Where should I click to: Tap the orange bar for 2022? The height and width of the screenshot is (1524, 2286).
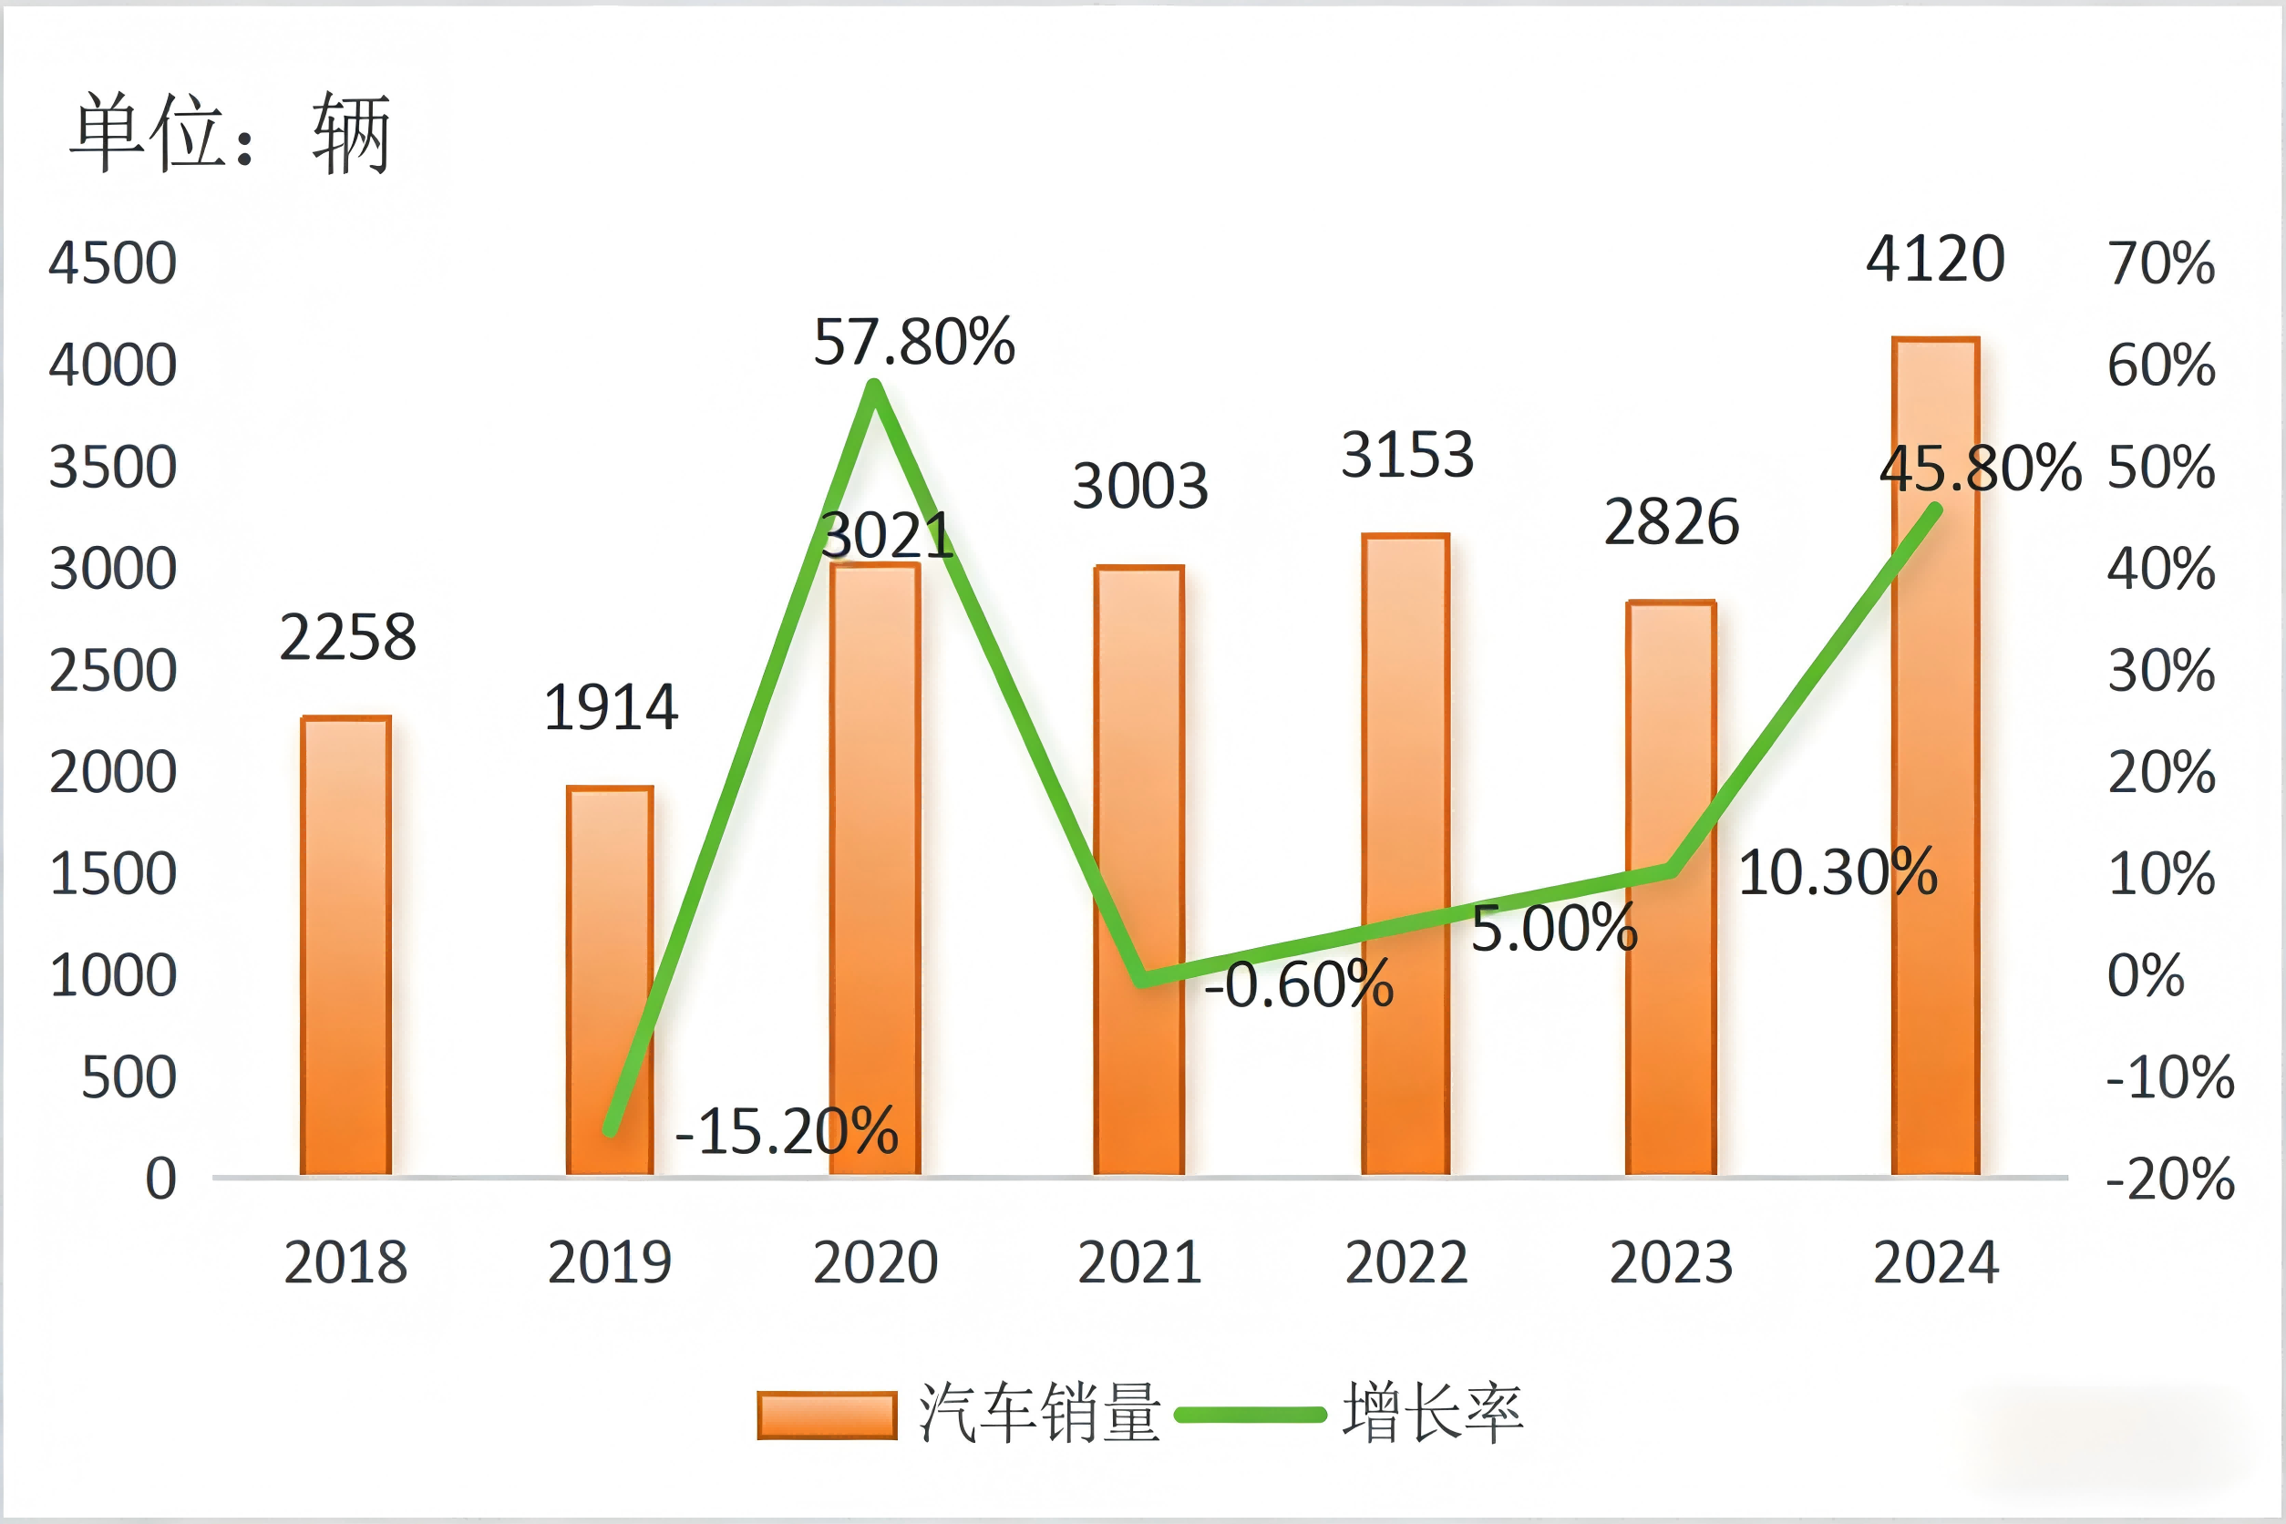point(1406,855)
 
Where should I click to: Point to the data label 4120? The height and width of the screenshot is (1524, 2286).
point(1935,260)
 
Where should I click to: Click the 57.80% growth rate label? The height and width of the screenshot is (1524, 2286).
point(913,342)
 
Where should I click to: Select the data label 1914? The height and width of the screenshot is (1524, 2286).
point(611,706)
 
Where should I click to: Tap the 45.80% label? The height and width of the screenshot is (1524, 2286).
point(1979,468)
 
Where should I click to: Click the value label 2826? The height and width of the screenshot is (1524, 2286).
point(1671,522)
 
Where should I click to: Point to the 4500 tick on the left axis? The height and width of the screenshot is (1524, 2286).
point(113,263)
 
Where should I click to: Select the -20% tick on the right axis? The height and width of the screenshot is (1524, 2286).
point(2169,1179)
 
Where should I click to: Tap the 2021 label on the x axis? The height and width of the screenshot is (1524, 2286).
point(1139,1262)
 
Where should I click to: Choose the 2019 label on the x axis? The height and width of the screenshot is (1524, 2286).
point(610,1262)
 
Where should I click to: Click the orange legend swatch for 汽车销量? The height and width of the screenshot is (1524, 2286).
point(826,1416)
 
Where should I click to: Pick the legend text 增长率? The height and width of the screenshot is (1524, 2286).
point(1432,1413)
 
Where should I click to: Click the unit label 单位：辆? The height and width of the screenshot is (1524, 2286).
point(231,133)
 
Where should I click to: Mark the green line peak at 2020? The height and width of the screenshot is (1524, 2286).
point(874,386)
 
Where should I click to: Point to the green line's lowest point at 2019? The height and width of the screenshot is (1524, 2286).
point(611,1129)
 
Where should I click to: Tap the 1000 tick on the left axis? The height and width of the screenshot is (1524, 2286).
point(113,976)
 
